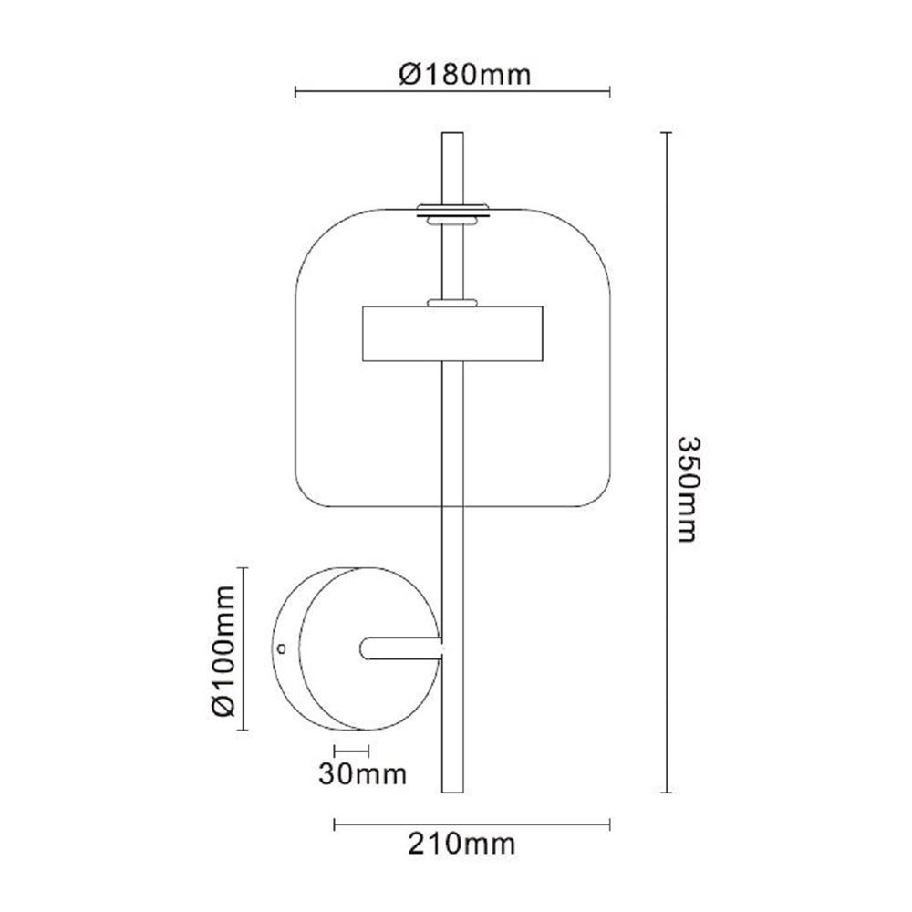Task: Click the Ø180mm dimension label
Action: (465, 74)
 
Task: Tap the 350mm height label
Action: (687, 487)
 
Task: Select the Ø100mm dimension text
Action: (222, 647)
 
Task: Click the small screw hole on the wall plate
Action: (282, 648)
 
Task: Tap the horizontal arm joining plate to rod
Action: (401, 648)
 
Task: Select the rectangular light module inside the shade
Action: (453, 334)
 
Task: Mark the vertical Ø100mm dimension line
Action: (244, 648)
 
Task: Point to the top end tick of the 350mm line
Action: (668, 133)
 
